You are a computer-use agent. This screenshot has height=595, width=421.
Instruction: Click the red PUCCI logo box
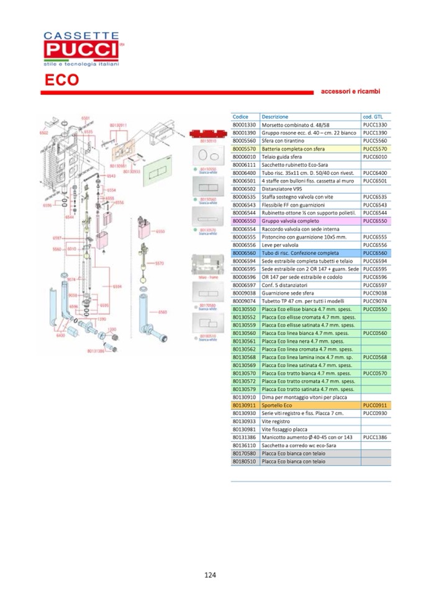coord(79,48)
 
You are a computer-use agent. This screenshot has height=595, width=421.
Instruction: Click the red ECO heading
coord(61,81)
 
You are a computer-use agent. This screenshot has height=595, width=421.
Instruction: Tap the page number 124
coord(210,575)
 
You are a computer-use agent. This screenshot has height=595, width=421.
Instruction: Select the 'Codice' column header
coord(240,117)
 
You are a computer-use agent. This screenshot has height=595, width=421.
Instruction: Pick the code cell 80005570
coord(244,149)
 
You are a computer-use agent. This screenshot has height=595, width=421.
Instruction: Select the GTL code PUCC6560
coord(375,253)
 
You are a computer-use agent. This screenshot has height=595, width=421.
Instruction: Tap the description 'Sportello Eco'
coord(277,405)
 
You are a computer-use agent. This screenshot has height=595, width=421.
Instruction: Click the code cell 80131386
coord(244,437)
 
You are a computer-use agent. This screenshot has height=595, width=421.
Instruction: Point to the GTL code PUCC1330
coord(375,125)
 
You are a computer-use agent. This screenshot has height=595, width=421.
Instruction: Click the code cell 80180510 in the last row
coord(244,462)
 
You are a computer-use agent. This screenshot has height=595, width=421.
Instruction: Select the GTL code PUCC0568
coord(375,357)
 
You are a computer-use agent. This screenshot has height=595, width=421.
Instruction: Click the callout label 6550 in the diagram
coord(160,231)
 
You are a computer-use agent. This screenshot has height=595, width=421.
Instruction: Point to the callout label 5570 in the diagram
coord(160,262)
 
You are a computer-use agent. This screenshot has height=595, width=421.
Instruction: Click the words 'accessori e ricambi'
coord(350,91)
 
